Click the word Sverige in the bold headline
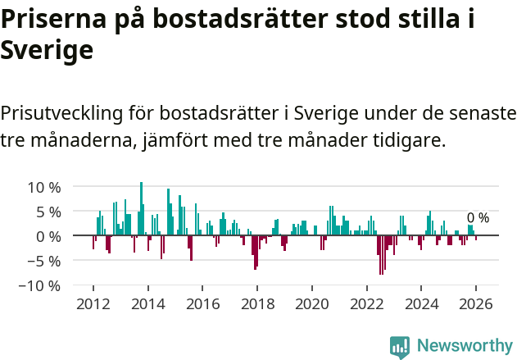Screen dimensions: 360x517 pyautogui.click(x=47, y=51)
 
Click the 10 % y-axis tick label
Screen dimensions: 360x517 pyautogui.click(x=43, y=187)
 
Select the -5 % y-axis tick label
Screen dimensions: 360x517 pyautogui.click(x=44, y=262)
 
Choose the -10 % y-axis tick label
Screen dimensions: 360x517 pyautogui.click(x=40, y=286)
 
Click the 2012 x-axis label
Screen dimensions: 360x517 pyautogui.click(x=93, y=303)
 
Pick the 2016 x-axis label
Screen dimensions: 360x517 pyautogui.click(x=202, y=303)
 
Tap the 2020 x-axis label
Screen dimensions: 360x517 pyautogui.click(x=311, y=303)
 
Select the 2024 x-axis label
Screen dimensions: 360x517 pyautogui.click(x=421, y=303)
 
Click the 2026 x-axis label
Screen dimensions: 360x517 pyautogui.click(x=476, y=303)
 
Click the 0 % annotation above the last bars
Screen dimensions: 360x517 pyautogui.click(x=478, y=218)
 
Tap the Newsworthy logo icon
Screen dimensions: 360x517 pyautogui.click(x=399, y=346)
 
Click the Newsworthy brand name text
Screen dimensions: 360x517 pyautogui.click(x=464, y=346)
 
